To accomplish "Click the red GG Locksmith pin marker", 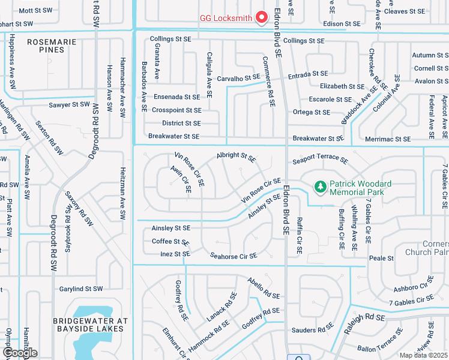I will tap(262, 18).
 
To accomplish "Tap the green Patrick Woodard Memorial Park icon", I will tap(321, 188).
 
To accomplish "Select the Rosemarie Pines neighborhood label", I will tap(46, 46).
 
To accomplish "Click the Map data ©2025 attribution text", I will tap(423, 355).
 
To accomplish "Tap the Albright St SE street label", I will tap(236, 157).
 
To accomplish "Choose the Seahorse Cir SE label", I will tap(234, 256).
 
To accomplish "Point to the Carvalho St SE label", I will tap(238, 78).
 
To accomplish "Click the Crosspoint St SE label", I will tap(176, 110).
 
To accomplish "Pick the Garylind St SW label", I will tap(82, 289).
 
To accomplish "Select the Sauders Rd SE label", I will tap(312, 329).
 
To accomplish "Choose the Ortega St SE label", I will tap(311, 112).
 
